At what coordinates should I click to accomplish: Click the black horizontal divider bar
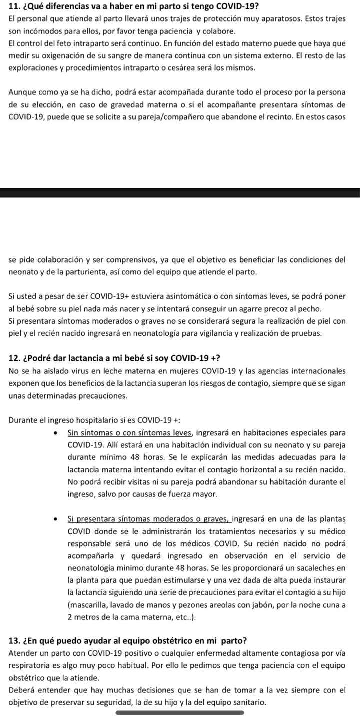[x=180, y=192]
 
